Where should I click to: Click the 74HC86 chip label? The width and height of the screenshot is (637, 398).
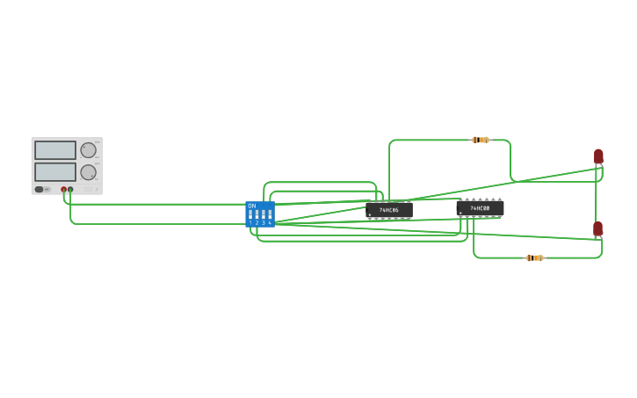(389, 210)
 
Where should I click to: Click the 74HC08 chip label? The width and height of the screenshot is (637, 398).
(480, 208)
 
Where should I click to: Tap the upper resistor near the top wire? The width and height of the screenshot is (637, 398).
(480, 140)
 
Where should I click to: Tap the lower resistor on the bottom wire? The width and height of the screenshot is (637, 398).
(534, 257)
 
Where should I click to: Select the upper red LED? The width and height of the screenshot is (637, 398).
(598, 156)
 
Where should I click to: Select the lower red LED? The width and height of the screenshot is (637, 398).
(597, 228)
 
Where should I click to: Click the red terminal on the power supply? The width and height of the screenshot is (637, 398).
(64, 189)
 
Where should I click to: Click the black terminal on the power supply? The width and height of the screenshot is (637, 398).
(70, 189)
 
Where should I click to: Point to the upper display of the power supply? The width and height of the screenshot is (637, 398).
(55, 150)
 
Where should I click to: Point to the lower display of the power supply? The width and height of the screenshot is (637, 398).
(55, 171)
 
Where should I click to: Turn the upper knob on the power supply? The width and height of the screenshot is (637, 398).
(88, 150)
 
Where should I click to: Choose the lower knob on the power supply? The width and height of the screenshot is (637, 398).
(88, 172)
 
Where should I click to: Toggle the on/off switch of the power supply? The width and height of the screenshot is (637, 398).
(40, 189)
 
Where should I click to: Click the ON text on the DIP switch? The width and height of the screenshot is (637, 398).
(252, 206)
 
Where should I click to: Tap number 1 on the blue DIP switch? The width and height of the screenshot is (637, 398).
(250, 223)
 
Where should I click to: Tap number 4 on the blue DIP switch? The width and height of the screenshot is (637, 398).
(270, 223)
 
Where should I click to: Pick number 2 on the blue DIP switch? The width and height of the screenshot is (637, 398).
(257, 223)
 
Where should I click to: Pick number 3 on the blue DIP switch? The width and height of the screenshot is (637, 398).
(264, 223)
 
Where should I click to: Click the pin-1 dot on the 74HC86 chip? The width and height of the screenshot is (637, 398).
(370, 215)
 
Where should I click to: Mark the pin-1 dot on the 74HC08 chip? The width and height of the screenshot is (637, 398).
(460, 213)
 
